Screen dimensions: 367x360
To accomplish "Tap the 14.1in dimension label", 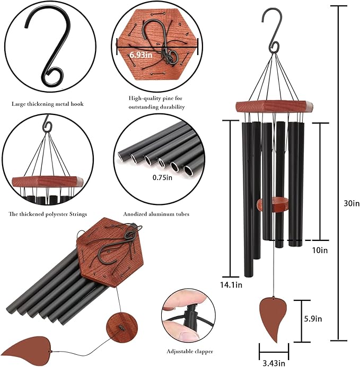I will point(231,285).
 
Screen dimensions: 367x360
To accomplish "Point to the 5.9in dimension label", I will point(313,319).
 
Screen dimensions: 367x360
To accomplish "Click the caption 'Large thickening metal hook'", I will point(47,104).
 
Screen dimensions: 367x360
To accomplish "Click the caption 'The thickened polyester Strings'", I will point(48,214).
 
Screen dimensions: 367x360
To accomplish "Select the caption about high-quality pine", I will point(157,102).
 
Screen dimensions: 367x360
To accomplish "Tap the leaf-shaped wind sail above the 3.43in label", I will point(274,318).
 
